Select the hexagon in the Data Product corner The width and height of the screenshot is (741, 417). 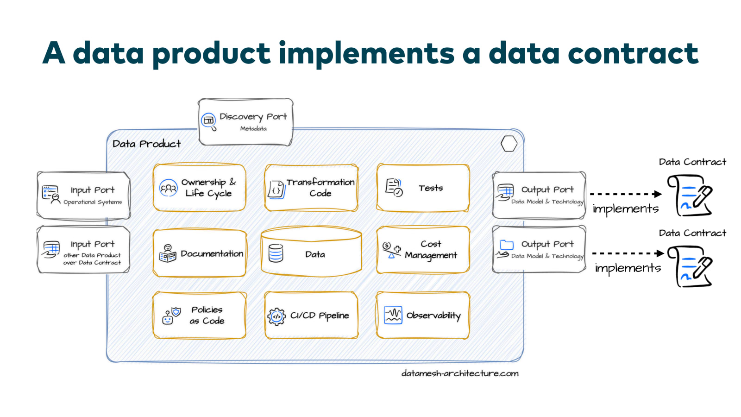[x=509, y=144]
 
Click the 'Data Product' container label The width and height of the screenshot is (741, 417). [x=146, y=144]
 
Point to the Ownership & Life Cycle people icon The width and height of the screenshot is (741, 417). [x=168, y=188]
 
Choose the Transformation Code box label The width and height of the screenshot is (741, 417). [x=320, y=188]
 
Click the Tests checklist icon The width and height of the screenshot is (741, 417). [x=394, y=188]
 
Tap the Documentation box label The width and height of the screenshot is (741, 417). [x=212, y=254]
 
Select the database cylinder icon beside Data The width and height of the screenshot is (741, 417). [x=276, y=254]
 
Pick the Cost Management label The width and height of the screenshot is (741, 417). [x=431, y=250]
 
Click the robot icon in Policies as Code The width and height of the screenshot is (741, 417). [x=168, y=317]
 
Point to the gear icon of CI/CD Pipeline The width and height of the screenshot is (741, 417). [x=276, y=316]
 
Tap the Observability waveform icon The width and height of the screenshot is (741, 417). [x=393, y=316]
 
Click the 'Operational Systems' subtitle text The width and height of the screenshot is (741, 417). [x=93, y=202]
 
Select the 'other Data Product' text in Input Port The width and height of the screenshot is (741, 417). [x=92, y=255]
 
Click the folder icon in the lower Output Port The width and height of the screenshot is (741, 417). [x=507, y=245]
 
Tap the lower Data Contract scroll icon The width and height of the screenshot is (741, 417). [x=690, y=266]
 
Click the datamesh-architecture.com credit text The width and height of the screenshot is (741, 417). [x=460, y=373]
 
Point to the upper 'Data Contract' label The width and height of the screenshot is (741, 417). [x=692, y=162]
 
